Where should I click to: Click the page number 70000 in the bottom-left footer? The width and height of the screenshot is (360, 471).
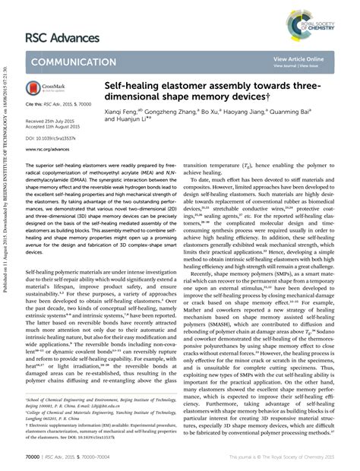pos(33,459)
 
